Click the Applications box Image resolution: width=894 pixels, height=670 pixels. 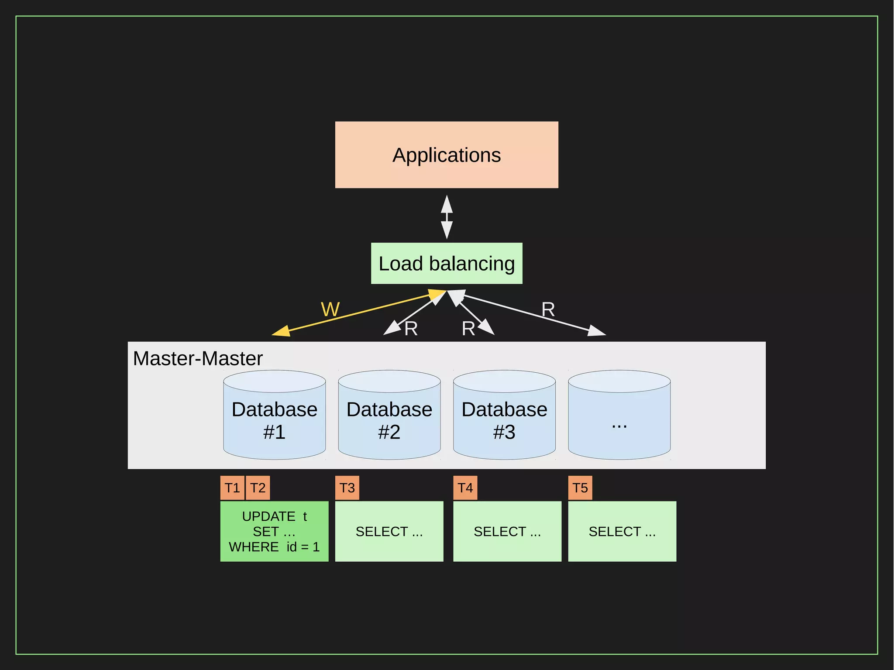[x=447, y=155]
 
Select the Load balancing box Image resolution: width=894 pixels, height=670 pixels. [x=447, y=264]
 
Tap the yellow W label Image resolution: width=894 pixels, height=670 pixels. [x=330, y=309]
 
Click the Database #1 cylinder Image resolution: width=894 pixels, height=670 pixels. [x=274, y=419]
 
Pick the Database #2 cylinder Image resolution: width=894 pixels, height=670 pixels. [x=389, y=419]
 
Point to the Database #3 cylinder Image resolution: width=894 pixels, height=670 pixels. [x=504, y=419]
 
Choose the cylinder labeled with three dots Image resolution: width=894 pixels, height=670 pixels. [x=619, y=419]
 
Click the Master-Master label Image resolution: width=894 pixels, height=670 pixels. [x=198, y=358]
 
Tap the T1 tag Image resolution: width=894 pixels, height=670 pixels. [x=232, y=488]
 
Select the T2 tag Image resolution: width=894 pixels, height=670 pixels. [x=258, y=488]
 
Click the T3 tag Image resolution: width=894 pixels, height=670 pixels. [x=347, y=488]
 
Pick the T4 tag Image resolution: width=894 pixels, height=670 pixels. [x=465, y=488]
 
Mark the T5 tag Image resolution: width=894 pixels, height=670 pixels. [x=580, y=488]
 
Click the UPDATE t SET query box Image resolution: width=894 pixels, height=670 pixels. [x=274, y=531]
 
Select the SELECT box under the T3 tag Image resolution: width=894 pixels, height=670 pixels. [x=389, y=531]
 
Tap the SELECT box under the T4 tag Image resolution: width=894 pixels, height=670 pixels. [x=507, y=531]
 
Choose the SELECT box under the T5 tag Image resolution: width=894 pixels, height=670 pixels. [x=622, y=531]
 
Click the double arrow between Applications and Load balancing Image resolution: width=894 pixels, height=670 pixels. [x=447, y=217]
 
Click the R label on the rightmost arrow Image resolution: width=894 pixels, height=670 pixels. [x=548, y=309]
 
